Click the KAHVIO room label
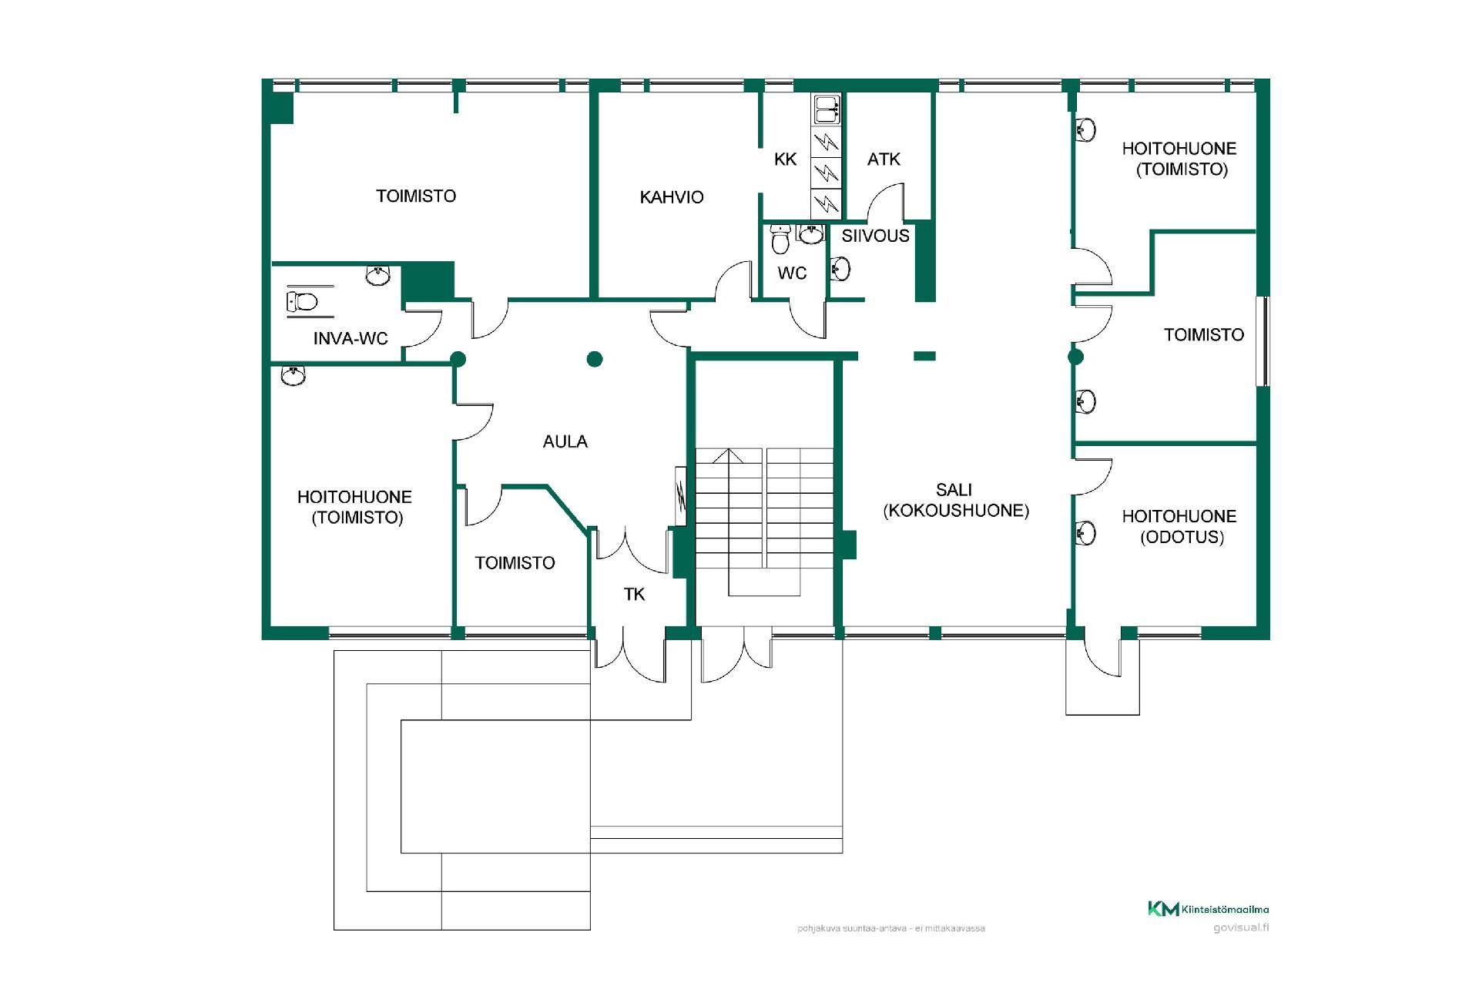click(x=672, y=197)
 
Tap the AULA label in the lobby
click(x=565, y=441)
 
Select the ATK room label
click(x=884, y=159)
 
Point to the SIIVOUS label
click(x=875, y=236)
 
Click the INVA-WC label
click(x=350, y=338)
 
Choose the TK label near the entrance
click(x=634, y=594)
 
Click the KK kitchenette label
click(x=785, y=159)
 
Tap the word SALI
click(x=954, y=490)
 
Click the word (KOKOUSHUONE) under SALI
click(x=956, y=511)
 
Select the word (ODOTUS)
click(x=1182, y=538)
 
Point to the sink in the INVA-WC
click(x=377, y=275)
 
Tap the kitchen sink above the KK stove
click(x=826, y=110)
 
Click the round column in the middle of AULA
click(x=595, y=359)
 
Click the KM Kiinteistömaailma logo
click(x=1208, y=909)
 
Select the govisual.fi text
click(x=1241, y=927)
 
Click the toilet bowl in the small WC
click(x=781, y=240)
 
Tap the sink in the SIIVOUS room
click(x=840, y=269)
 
